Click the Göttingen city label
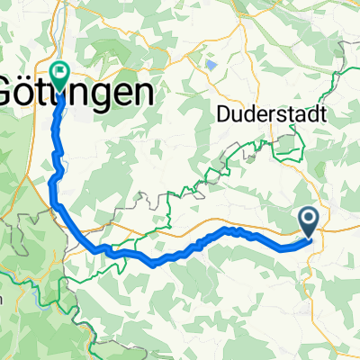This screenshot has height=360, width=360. (x=76, y=92)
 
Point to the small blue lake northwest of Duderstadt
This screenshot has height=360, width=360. (x=210, y=65)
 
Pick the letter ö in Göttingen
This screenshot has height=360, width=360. (x=32, y=92)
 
